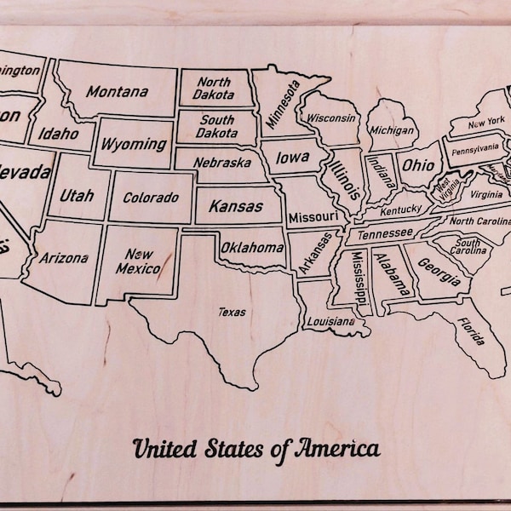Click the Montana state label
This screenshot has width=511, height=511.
(x=117, y=92)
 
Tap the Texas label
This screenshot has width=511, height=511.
(x=232, y=313)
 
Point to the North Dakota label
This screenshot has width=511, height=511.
(x=215, y=89)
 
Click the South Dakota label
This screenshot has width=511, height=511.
(x=217, y=127)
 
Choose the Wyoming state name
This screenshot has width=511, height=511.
(x=134, y=144)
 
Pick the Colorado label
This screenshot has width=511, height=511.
(x=151, y=198)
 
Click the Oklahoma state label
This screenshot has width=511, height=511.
(x=252, y=248)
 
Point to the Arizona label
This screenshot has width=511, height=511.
(x=64, y=258)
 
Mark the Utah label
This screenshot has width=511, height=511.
(x=77, y=195)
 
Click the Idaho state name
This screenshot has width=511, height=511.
(x=58, y=134)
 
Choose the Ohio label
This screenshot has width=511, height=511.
(x=417, y=164)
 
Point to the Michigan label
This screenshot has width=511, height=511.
(x=392, y=131)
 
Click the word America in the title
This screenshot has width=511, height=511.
(x=336, y=448)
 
